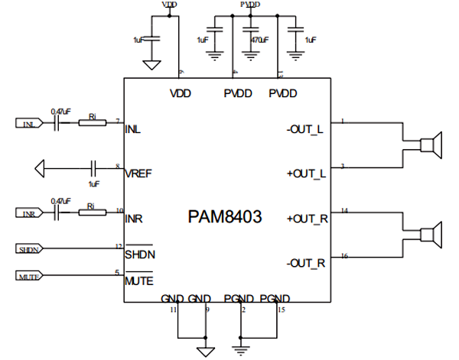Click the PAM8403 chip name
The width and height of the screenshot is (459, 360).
(x=225, y=216)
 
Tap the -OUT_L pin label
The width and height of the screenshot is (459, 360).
(x=305, y=129)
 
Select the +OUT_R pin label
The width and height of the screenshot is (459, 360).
(x=307, y=218)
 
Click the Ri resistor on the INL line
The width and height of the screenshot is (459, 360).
(x=93, y=123)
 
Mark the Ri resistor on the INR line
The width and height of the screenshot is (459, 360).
(x=93, y=212)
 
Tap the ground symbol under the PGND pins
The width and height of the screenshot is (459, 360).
(x=243, y=351)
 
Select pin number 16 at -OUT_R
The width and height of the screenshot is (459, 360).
(x=343, y=256)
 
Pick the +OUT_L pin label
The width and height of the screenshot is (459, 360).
(x=307, y=174)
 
